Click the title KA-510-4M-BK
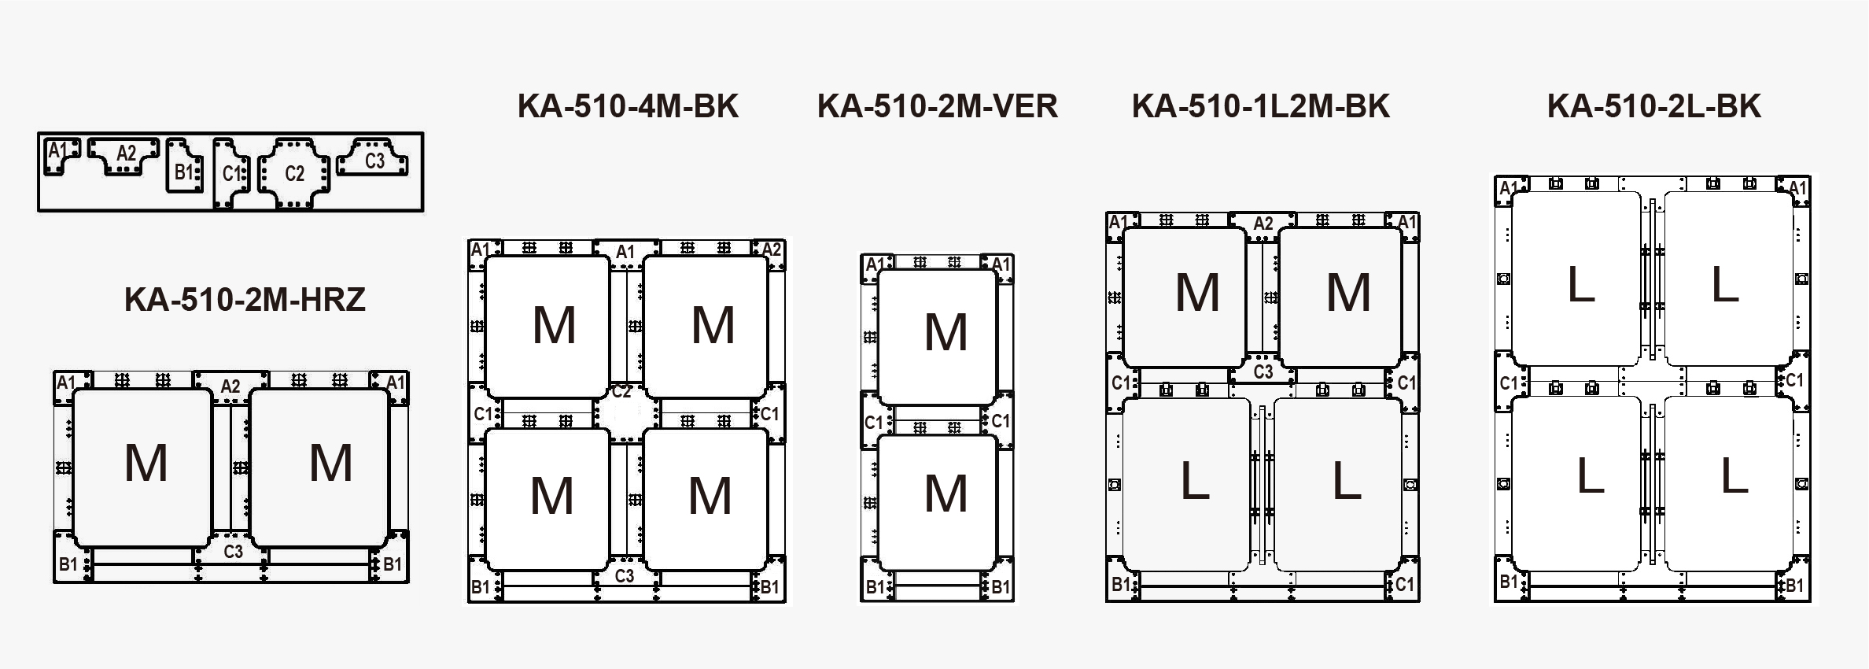click(628, 106)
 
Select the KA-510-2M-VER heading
click(937, 106)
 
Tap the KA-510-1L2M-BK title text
click(1260, 106)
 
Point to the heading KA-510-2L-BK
click(1653, 106)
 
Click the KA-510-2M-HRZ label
click(245, 300)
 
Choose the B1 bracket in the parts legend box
click(184, 167)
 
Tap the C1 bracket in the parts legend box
click(230, 173)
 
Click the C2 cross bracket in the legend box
click(294, 173)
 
